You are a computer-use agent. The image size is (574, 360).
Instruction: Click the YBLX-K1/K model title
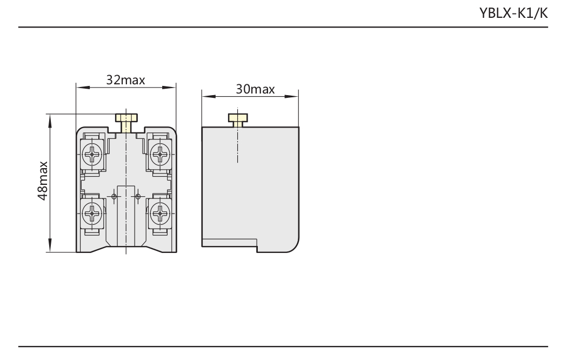513,13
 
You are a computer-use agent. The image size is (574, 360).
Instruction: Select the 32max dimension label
125,80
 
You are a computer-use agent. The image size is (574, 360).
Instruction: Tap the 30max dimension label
255,89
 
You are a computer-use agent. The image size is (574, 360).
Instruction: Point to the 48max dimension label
43,181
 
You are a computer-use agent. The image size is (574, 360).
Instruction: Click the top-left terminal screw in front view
91,154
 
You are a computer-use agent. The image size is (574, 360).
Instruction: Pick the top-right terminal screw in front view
160,154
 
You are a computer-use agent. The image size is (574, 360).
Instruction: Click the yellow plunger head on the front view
126,117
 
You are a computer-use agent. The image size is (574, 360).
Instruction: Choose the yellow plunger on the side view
238,120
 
